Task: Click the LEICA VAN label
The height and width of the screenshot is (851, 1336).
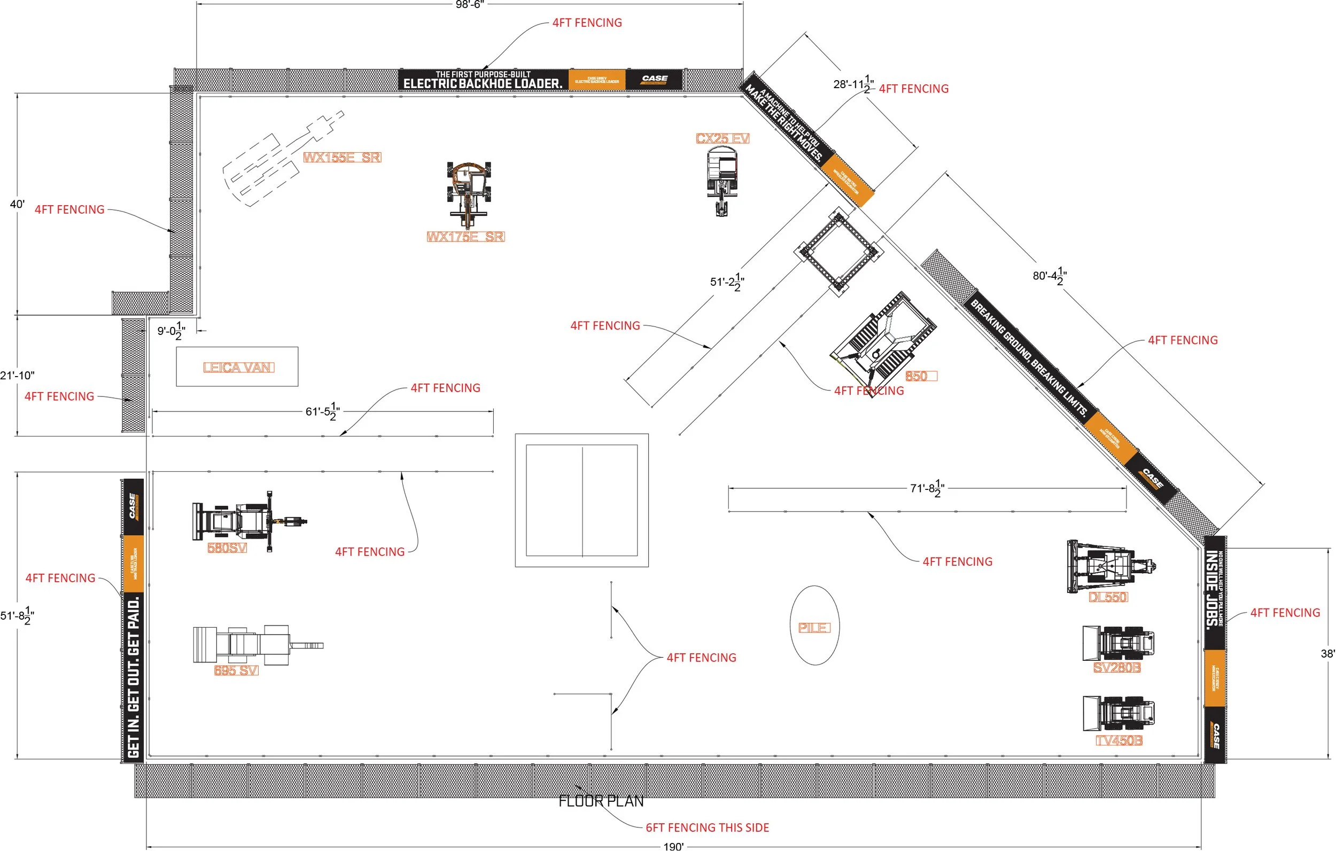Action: pyautogui.click(x=238, y=367)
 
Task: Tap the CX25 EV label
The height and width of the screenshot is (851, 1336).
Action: pyautogui.click(x=723, y=138)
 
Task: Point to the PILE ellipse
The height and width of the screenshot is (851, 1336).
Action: pyautogui.click(x=814, y=625)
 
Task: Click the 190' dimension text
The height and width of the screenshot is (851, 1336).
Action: pyautogui.click(x=673, y=846)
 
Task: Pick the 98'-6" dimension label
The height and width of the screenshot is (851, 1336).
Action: pyautogui.click(x=469, y=5)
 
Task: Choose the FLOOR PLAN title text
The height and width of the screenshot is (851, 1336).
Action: pyautogui.click(x=601, y=801)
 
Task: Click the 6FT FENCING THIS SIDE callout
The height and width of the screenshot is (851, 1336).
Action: pyautogui.click(x=707, y=827)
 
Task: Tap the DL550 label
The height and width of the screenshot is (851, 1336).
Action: pyautogui.click(x=1107, y=597)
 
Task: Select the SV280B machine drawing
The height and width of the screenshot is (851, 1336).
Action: pyautogui.click(x=1118, y=644)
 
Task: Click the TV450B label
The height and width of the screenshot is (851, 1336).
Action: pyautogui.click(x=1118, y=740)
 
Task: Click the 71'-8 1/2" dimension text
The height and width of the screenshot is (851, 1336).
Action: pyautogui.click(x=927, y=489)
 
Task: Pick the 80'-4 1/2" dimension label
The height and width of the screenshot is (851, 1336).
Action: pyautogui.click(x=1049, y=276)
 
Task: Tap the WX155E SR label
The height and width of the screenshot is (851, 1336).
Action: pyautogui.click(x=342, y=158)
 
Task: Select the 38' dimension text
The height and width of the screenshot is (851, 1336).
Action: pyautogui.click(x=1327, y=653)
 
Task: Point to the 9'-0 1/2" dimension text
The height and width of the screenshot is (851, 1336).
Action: pyautogui.click(x=171, y=332)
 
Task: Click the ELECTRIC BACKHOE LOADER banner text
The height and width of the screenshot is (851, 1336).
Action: pyautogui.click(x=482, y=83)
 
